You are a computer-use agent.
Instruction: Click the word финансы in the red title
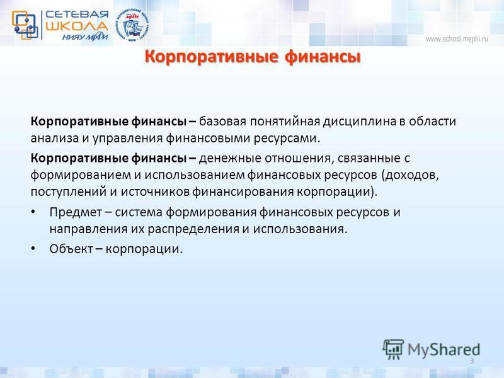[x=323, y=57]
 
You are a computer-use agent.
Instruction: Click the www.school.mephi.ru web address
[x=457, y=39]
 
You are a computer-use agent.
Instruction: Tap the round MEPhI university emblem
[x=132, y=25]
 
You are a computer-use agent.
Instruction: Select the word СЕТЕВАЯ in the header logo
[x=77, y=14]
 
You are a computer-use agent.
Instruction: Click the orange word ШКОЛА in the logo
[x=76, y=26]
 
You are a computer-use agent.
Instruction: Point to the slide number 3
[x=472, y=360]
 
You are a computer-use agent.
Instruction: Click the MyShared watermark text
[x=444, y=350]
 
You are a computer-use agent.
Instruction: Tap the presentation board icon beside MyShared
[x=393, y=349]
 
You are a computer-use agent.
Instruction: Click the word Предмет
[x=75, y=212]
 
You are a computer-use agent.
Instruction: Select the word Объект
[x=71, y=249]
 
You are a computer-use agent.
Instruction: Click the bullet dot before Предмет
[x=33, y=212]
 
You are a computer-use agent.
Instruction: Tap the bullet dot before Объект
[x=33, y=249]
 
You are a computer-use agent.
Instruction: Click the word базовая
[x=222, y=122]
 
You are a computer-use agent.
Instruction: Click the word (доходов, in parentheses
[x=410, y=175]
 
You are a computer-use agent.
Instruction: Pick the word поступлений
[x=69, y=192]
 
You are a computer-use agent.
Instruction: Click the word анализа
[x=55, y=138]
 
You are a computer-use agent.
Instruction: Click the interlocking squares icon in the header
[x=25, y=25]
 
